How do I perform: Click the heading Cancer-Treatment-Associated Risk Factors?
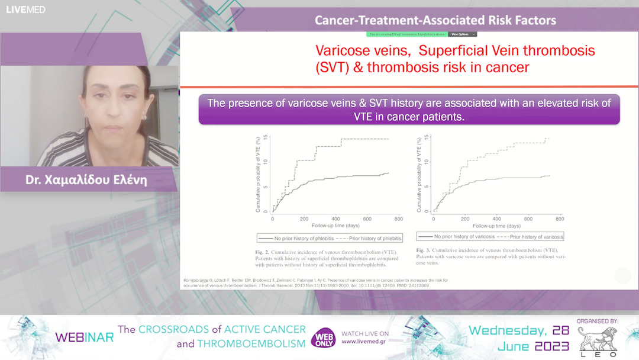(x=435, y=20)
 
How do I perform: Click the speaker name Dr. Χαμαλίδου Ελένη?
(x=86, y=180)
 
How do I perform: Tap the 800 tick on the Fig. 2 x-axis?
(x=398, y=219)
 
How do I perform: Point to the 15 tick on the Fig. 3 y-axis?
(x=428, y=138)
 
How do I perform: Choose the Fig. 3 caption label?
(x=424, y=250)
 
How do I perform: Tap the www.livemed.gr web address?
(x=365, y=342)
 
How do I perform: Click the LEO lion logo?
(x=597, y=340)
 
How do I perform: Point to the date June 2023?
(x=535, y=346)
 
